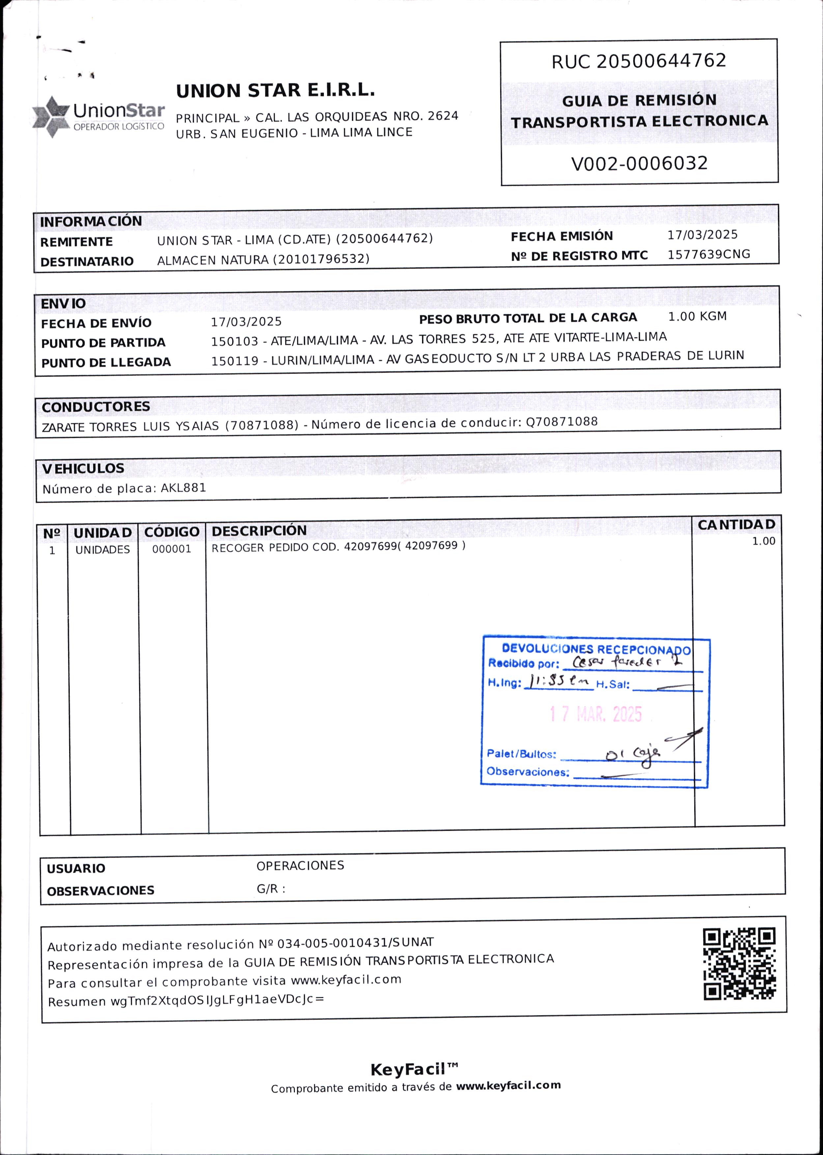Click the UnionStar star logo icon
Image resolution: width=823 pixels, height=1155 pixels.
tap(51, 117)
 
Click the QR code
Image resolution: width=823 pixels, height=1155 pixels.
tap(739, 963)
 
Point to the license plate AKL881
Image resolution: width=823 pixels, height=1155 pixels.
tap(184, 488)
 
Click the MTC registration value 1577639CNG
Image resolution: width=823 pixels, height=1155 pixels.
tap(708, 254)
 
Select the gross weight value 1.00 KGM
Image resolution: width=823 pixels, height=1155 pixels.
tap(697, 316)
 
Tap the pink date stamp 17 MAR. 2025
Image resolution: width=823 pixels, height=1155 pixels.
tap(596, 714)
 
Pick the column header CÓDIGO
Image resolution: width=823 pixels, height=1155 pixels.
tap(172, 532)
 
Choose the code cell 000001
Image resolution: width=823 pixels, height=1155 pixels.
tap(172, 549)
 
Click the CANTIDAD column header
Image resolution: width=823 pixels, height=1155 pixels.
tap(736, 525)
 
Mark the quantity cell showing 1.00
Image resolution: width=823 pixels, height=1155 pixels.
tap(763, 541)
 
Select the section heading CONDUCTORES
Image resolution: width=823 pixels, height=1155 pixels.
tap(96, 407)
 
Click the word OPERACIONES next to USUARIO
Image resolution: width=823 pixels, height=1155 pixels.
tap(300, 866)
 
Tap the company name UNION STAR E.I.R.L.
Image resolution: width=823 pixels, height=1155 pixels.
tap(275, 91)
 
